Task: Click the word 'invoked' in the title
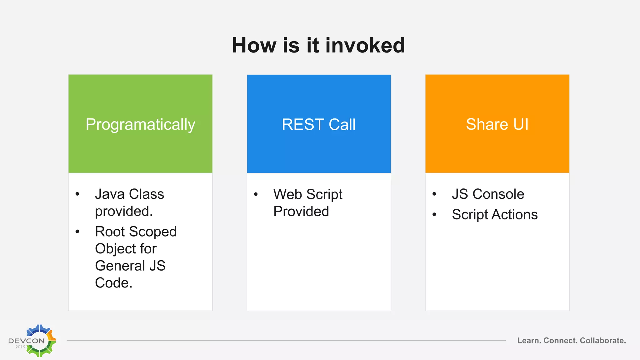(x=365, y=45)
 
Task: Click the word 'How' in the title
(x=254, y=45)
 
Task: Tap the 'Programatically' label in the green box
(x=140, y=124)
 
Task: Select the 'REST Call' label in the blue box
(x=319, y=124)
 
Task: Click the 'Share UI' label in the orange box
(x=497, y=124)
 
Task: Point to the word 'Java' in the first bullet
(x=110, y=194)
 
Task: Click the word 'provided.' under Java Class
(x=124, y=211)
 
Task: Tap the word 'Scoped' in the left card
(x=153, y=232)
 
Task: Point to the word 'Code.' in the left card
(x=114, y=283)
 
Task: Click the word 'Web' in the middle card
(x=287, y=194)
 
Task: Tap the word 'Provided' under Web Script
(x=301, y=212)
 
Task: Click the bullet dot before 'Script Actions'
(x=434, y=215)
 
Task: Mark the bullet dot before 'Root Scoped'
(x=77, y=232)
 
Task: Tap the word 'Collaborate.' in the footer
(x=603, y=341)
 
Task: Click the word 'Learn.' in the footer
(x=529, y=341)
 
